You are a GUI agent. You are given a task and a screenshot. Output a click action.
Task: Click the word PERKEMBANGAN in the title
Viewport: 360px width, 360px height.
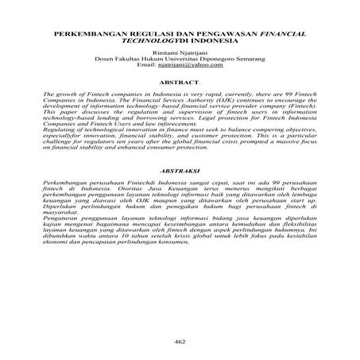[88, 36]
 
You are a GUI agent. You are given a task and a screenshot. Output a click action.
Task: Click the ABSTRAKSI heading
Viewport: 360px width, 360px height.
[179, 192]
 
